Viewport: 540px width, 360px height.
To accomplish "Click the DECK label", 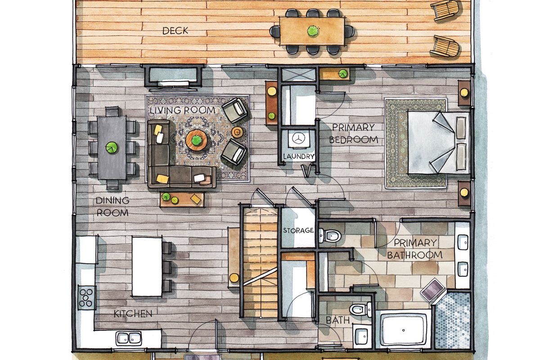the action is click(175, 31).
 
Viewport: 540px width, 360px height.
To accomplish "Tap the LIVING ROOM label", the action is click(182, 110).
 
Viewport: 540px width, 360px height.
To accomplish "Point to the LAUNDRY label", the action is click(299, 157).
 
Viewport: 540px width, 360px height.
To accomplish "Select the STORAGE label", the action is click(298, 230).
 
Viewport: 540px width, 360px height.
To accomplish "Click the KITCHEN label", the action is click(133, 314).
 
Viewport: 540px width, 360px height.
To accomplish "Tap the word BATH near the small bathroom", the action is click(337, 320).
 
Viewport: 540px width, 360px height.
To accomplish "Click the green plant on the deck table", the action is click(313, 31).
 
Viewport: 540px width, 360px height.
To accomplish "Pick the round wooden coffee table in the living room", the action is click(197, 140).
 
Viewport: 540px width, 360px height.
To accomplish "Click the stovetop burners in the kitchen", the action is click(86, 298).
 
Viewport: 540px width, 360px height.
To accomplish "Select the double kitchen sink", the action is click(129, 338).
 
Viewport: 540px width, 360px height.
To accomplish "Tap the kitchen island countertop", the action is click(147, 266).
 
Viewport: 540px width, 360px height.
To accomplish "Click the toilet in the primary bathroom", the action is click(329, 236).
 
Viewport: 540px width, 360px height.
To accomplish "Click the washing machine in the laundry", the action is click(299, 139).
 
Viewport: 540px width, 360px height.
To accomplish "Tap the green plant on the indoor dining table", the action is click(112, 148).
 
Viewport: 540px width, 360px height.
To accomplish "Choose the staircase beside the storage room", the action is click(260, 262).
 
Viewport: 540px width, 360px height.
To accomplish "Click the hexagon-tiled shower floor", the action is click(453, 321).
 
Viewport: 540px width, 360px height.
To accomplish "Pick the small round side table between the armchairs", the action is click(238, 132).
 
